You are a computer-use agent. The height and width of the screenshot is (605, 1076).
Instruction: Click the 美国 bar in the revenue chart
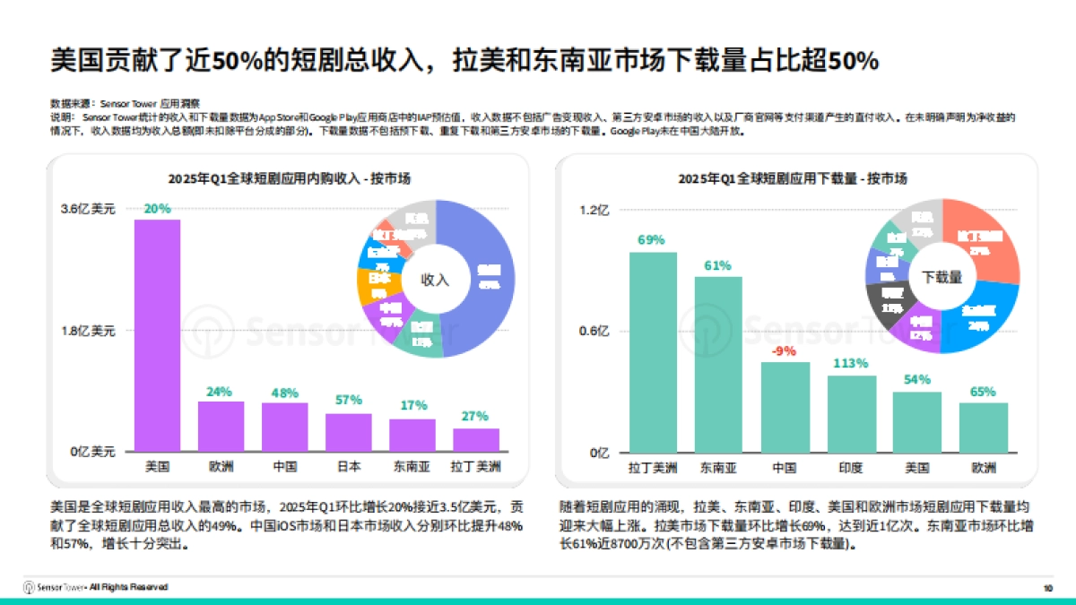[157, 336]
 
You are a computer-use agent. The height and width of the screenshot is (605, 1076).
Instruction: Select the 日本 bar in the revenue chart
[348, 433]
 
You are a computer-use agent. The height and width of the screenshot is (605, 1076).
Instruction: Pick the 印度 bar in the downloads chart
[851, 414]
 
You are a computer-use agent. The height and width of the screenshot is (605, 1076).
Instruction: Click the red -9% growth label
[785, 351]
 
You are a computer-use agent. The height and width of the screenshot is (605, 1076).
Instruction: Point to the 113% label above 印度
[851, 364]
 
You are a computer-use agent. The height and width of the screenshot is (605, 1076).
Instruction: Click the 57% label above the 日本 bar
[348, 400]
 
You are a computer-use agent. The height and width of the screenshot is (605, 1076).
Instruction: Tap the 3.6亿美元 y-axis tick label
[88, 210]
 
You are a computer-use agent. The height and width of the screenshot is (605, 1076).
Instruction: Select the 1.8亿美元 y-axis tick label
[88, 331]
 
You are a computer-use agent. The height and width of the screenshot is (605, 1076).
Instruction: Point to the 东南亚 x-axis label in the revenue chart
[412, 467]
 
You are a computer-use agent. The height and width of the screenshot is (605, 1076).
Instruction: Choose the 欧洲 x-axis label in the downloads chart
[983, 467]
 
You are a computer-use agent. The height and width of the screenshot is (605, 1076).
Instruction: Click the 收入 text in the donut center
[435, 280]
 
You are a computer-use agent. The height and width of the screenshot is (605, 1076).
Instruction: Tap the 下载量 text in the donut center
[942, 277]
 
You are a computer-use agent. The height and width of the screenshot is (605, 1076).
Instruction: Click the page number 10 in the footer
[1047, 588]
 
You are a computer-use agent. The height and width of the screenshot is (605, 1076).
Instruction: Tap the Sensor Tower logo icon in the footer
[29, 587]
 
